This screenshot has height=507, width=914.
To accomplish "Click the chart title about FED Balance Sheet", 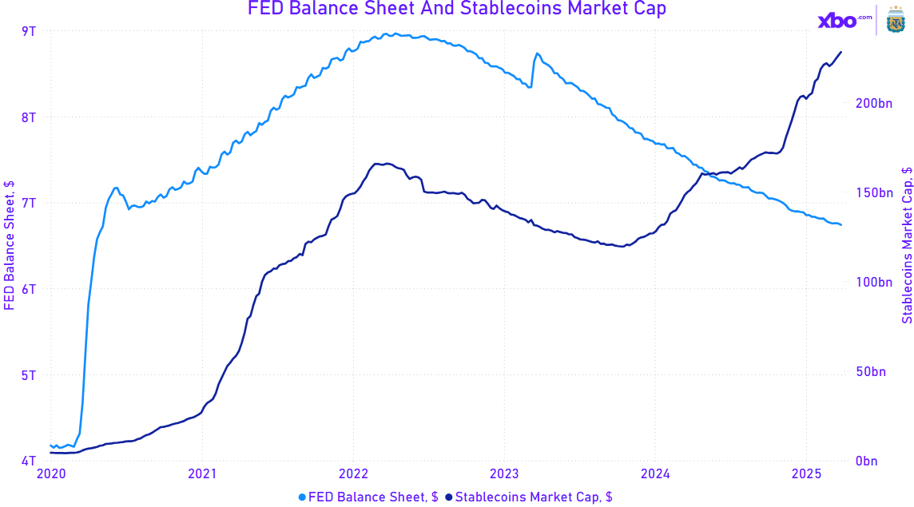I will (456, 9).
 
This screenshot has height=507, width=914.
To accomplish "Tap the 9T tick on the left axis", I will (28, 31).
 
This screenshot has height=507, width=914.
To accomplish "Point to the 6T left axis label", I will (28, 289).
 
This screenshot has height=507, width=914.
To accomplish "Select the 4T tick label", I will (28, 461).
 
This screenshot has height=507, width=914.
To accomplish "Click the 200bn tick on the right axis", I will (872, 104).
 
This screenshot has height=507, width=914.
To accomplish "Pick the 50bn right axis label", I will (870, 372).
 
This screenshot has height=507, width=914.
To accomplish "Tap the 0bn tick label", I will (867, 461).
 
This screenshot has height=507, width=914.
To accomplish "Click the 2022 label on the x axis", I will (353, 474).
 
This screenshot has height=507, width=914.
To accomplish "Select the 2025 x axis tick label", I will (805, 474).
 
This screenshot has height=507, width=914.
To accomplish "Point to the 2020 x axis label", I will (51, 474).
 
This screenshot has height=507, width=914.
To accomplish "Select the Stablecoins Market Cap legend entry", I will (529, 497).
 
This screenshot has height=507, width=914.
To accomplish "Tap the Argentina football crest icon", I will (896, 21).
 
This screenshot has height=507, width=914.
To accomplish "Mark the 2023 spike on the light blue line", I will (538, 53).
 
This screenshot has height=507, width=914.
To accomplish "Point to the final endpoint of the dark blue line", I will (840, 52).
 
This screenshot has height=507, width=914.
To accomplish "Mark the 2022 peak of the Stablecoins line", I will (386, 164).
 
